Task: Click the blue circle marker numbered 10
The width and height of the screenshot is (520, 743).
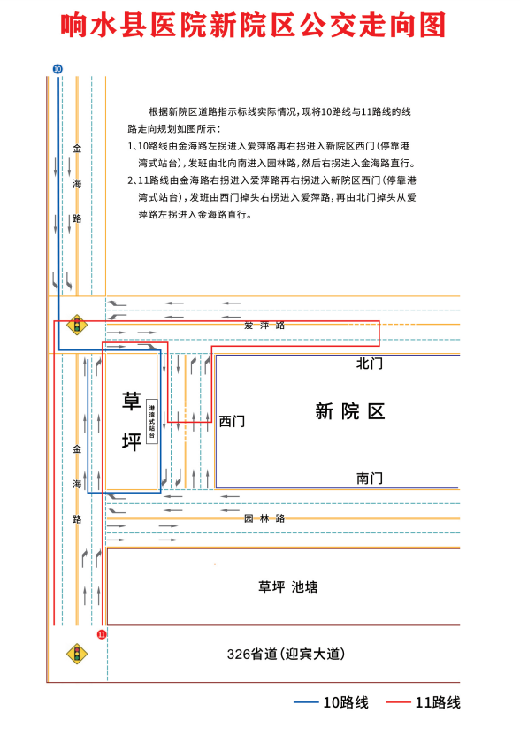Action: point(57,69)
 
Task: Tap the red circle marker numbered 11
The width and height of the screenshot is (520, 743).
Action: point(102,634)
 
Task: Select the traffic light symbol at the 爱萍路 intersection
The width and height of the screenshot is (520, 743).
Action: point(77,325)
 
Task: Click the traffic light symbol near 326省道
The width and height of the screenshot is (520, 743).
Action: point(77,654)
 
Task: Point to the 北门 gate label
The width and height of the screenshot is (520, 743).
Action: point(370,364)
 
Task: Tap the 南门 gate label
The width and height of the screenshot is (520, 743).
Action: point(370,479)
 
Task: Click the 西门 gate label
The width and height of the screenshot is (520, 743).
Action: point(232,421)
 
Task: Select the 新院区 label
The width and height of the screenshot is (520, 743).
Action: point(350,411)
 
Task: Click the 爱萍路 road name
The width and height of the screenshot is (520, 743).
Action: point(264,326)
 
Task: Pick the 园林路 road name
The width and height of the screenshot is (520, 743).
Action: point(264,518)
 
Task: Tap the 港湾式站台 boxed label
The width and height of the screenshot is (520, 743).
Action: point(152,421)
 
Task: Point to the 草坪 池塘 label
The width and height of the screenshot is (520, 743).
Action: point(288,587)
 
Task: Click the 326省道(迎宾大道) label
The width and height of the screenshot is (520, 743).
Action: point(286,655)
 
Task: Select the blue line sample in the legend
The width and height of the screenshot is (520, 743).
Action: point(306,702)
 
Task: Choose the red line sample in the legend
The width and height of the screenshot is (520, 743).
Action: point(398,702)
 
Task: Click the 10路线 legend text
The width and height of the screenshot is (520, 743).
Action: point(346,702)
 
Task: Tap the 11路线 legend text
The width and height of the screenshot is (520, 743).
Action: point(438,702)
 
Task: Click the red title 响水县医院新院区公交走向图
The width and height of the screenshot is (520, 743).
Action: point(254,25)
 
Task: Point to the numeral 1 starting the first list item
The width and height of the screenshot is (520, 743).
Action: point(130,146)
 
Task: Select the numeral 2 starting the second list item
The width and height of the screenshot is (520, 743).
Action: point(130,180)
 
